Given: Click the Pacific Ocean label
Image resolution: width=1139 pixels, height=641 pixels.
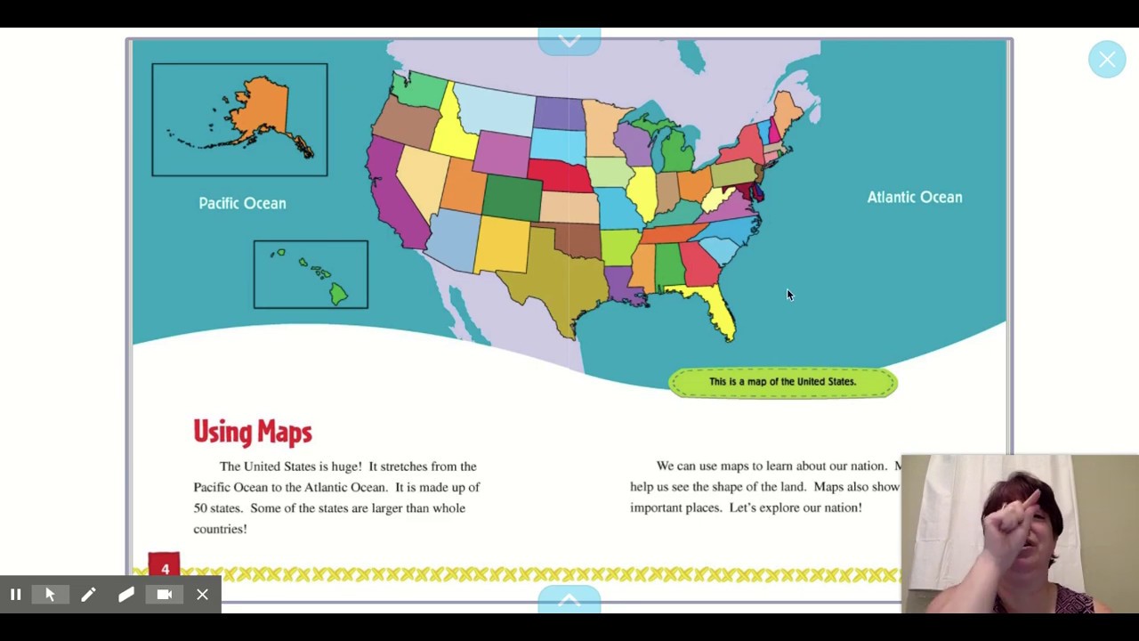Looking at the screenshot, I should [x=242, y=204].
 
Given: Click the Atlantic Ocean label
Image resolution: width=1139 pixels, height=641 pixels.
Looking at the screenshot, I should [x=914, y=198].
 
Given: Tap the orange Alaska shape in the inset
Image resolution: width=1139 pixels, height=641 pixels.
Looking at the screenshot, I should [x=258, y=111].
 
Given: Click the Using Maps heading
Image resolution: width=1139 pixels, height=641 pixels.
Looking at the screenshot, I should [x=253, y=433].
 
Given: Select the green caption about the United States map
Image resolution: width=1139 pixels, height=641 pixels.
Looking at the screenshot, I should [x=782, y=382].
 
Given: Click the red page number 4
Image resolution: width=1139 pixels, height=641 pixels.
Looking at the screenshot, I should [x=165, y=568].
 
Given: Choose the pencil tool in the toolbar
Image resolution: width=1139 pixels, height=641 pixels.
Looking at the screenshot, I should [x=88, y=595].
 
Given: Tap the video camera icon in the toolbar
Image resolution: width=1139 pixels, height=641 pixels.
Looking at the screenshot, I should [x=165, y=595].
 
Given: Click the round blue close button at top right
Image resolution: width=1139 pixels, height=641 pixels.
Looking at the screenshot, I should [x=1107, y=60].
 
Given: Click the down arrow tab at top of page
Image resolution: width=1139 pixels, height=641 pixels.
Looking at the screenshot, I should [x=569, y=41].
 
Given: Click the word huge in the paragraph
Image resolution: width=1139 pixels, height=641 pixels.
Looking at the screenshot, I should [x=345, y=467].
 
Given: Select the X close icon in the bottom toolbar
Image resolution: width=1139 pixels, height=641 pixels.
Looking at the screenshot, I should [x=203, y=595].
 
